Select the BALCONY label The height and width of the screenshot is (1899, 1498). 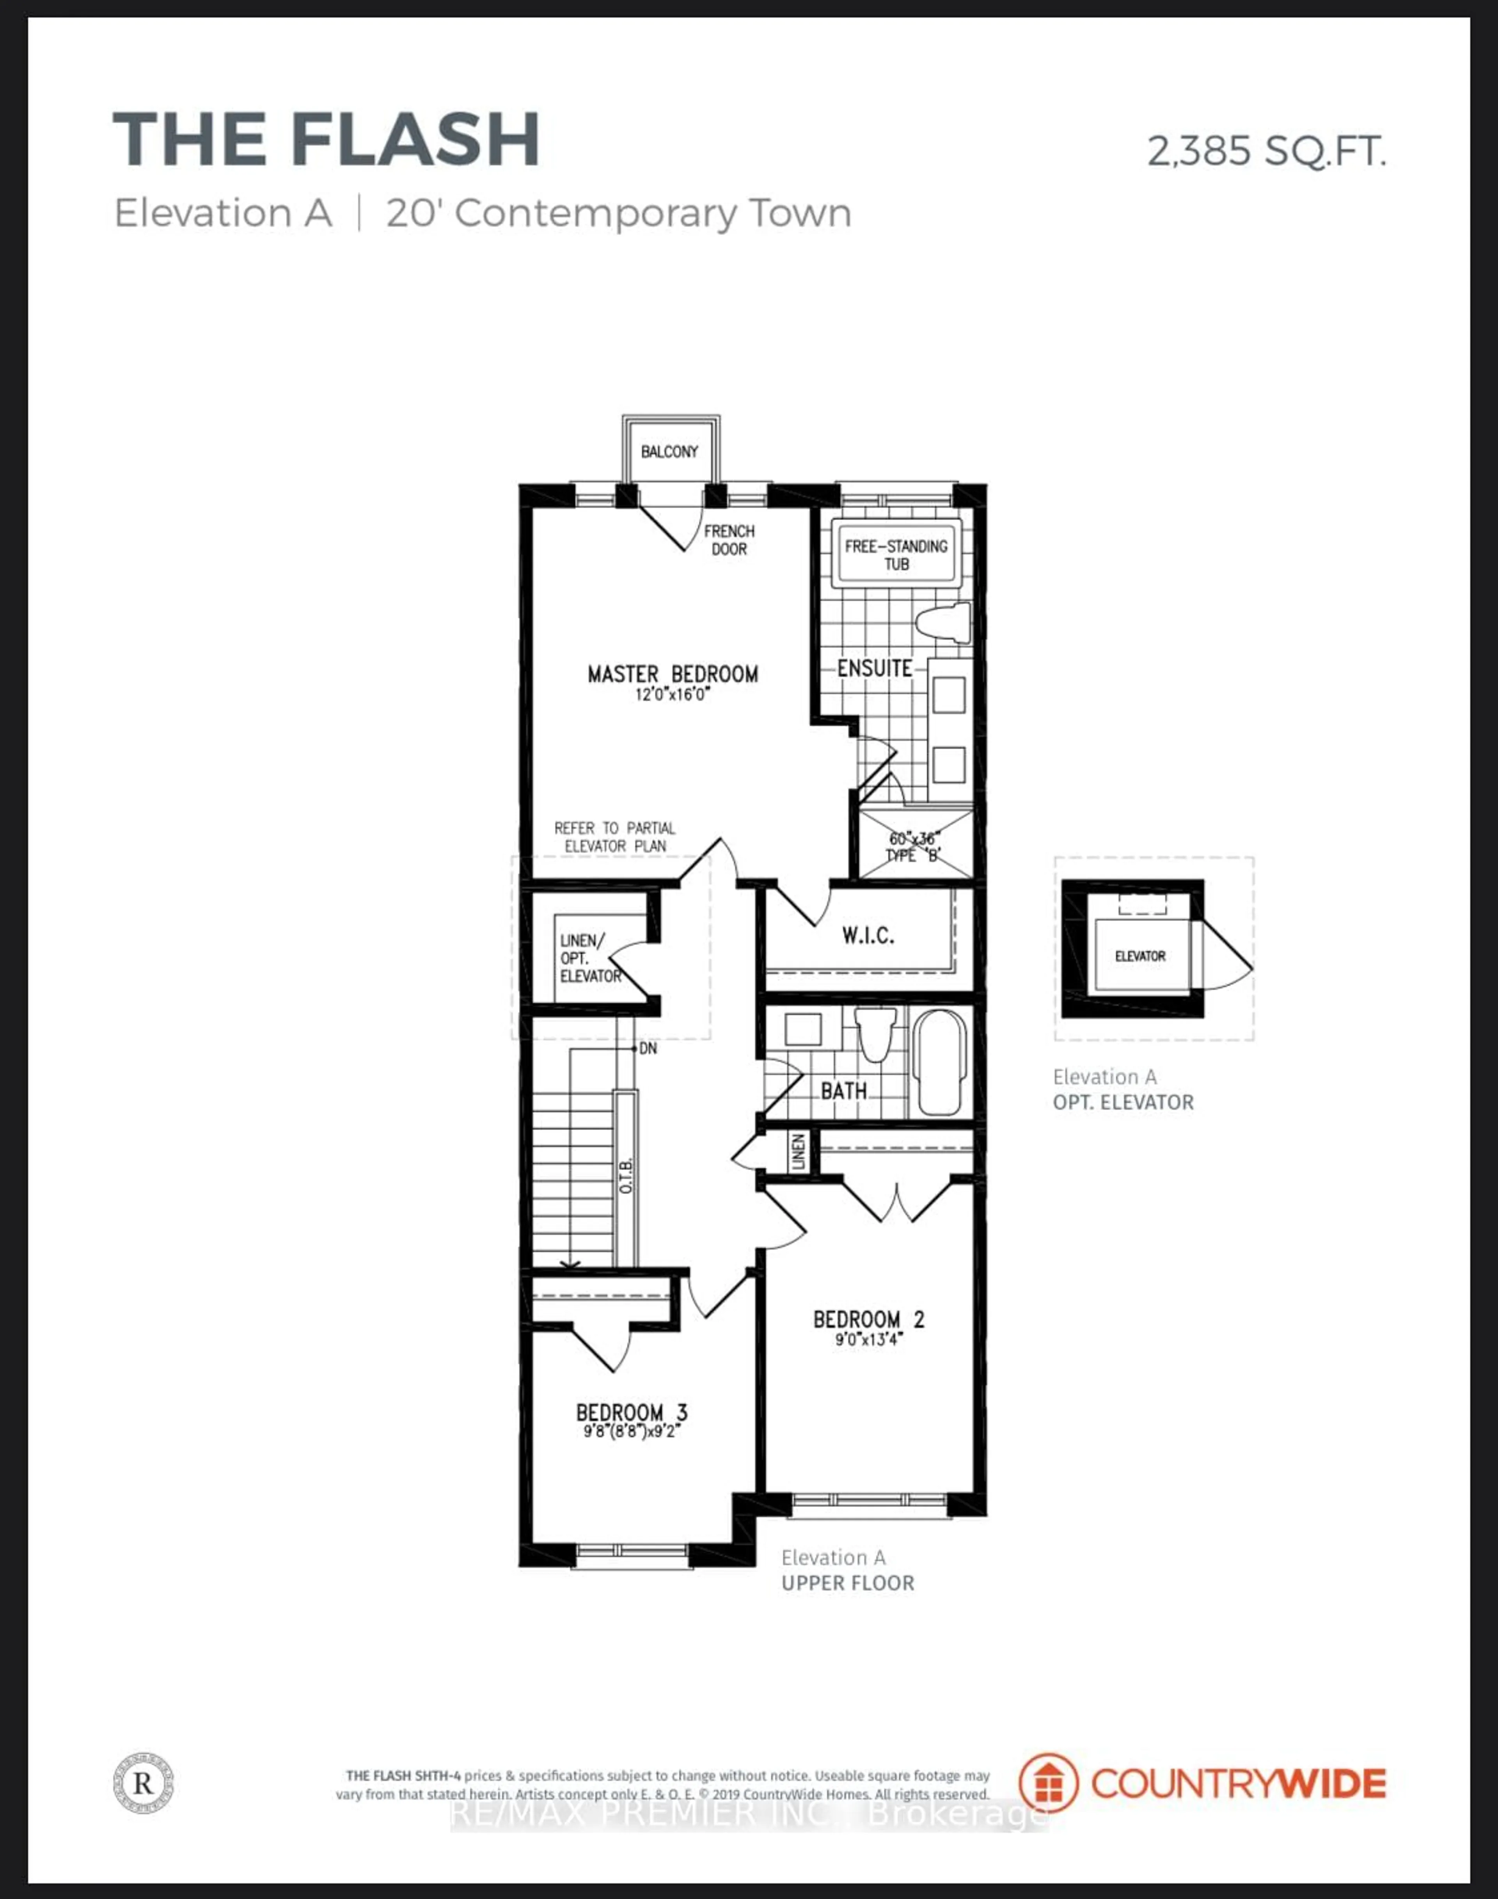click(x=669, y=452)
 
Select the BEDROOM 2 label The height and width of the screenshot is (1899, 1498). click(x=868, y=1319)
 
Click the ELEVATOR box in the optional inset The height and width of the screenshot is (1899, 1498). click(x=1139, y=956)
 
